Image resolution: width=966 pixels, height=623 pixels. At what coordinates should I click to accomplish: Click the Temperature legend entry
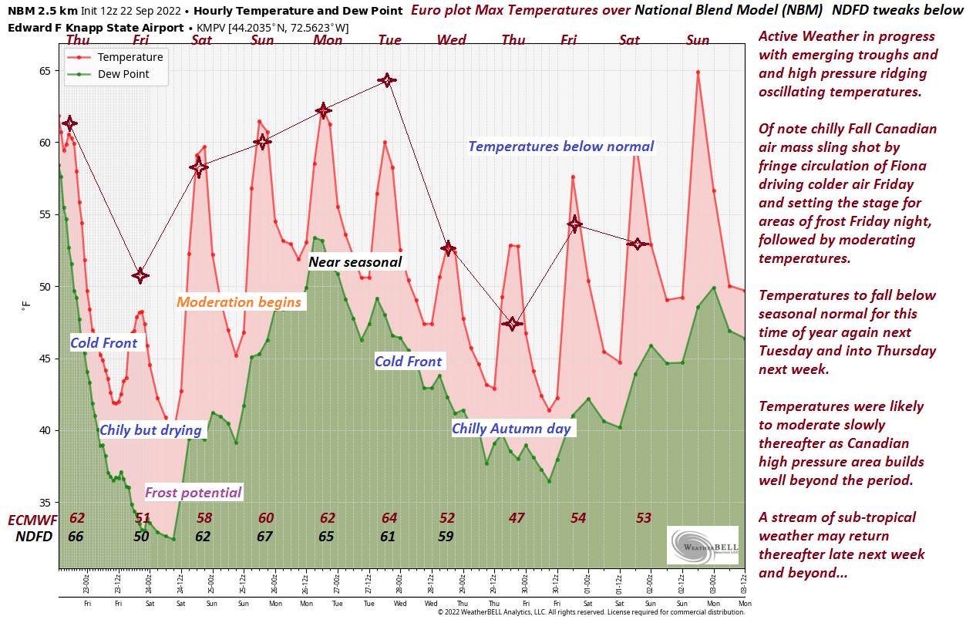(x=130, y=57)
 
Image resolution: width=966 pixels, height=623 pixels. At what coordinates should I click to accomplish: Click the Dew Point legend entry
(x=123, y=75)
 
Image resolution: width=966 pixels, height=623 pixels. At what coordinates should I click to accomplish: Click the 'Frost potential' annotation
(x=193, y=493)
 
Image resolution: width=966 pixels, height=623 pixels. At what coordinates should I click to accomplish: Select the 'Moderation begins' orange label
(x=239, y=302)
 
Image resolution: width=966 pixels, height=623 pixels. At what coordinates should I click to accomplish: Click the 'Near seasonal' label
(x=355, y=262)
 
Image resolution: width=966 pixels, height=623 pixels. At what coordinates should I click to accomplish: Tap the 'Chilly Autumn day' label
(x=511, y=429)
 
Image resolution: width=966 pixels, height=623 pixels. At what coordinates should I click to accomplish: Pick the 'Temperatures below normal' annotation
(x=560, y=146)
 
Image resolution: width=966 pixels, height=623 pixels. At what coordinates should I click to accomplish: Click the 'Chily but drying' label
(x=150, y=430)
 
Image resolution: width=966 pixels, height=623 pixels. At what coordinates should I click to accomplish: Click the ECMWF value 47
(x=517, y=518)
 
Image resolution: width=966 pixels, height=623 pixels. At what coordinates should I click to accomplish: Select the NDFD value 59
(x=446, y=536)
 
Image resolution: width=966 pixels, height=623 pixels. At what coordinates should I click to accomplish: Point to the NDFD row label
(x=34, y=536)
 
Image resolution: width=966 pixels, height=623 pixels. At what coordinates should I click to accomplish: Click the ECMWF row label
(x=31, y=518)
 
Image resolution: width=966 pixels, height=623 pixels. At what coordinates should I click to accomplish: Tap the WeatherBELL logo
(x=702, y=545)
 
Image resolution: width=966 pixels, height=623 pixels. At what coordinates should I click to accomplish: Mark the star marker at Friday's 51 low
(x=140, y=275)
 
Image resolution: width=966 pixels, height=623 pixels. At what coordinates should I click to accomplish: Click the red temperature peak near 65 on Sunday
(x=698, y=72)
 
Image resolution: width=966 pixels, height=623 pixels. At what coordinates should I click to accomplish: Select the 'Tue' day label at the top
(x=389, y=40)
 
